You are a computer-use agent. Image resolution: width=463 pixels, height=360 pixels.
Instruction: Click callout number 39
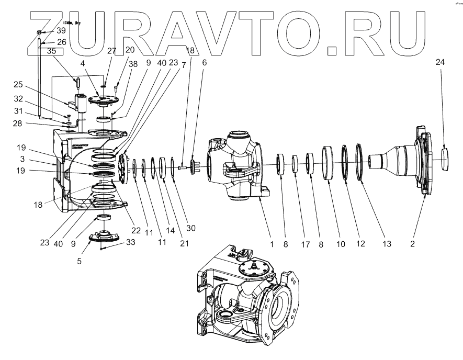61,31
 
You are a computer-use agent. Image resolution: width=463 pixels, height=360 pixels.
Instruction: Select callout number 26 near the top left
61,42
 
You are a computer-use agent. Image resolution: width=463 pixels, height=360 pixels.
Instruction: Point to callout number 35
51,52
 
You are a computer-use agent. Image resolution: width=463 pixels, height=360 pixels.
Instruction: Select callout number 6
205,62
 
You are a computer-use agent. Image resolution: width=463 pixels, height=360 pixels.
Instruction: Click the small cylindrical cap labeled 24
445,159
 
